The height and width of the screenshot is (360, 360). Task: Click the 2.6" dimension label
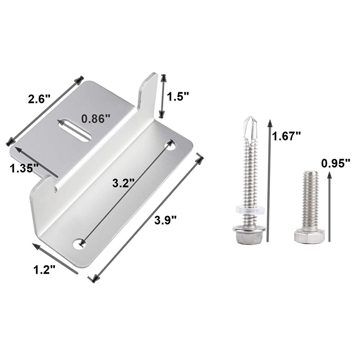tap(39, 99)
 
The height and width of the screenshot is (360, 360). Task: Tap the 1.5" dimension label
tap(178, 97)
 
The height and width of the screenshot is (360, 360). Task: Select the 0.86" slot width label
tap(96, 119)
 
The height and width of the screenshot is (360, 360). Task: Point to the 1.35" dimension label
tap(24, 168)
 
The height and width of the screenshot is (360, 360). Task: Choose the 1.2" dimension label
tap(45, 270)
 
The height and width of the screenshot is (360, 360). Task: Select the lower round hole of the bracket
tap(81, 243)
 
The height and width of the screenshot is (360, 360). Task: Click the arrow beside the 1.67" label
tap(269, 180)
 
